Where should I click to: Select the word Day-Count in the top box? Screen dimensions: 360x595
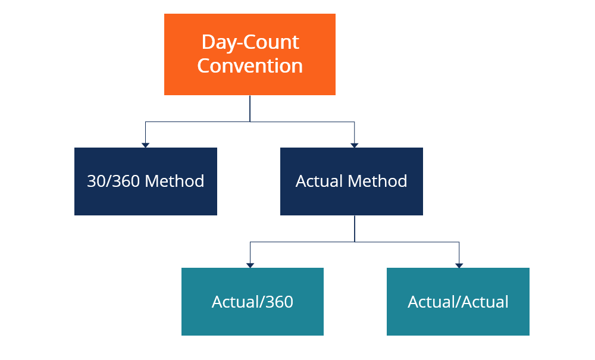tap(250, 42)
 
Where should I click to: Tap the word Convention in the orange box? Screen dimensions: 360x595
tap(250, 65)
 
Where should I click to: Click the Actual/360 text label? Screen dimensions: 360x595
tap(252, 302)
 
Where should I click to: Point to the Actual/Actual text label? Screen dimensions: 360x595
tap(458, 302)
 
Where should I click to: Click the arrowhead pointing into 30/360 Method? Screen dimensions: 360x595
tap(145, 145)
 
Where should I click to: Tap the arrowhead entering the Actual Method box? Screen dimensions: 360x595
tap(355, 145)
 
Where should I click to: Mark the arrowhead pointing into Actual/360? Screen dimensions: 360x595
tap(250, 265)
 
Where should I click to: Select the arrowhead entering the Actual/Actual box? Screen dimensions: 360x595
tap(459, 265)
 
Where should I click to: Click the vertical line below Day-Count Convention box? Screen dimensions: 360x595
tap(250, 108)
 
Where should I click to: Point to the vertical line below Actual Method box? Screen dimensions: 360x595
tap(355, 228)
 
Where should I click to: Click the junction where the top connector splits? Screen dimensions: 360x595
tap(250, 121)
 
